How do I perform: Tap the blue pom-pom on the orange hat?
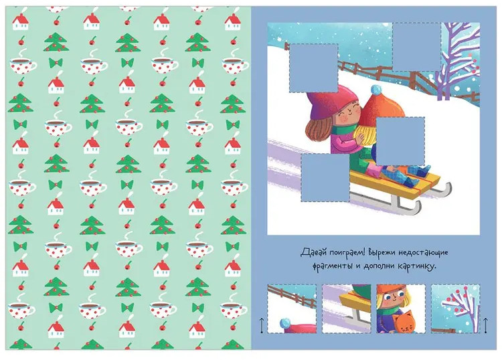click(x=376, y=90)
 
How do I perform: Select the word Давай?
click(x=311, y=252)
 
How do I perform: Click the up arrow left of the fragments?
click(x=262, y=325)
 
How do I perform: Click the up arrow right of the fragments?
click(x=485, y=325)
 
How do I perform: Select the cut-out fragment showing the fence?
click(x=292, y=308)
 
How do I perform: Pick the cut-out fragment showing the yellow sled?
click(x=347, y=308)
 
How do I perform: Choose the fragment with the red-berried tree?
click(x=455, y=308)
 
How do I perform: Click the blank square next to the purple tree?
click(x=416, y=47)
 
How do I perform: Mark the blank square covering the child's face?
click(x=400, y=141)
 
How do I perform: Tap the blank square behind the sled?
click(x=325, y=177)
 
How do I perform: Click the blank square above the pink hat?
click(x=313, y=68)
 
